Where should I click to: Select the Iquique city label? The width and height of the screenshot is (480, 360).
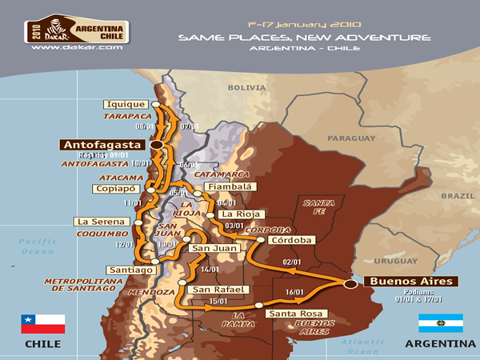point(125,104)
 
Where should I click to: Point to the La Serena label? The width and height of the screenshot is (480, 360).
point(95,222)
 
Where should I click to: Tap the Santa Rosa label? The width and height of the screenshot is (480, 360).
point(293,314)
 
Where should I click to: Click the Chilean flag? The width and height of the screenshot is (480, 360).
point(42,323)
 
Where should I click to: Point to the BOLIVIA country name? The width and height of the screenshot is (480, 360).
point(247,86)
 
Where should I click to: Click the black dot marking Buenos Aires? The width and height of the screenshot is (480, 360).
point(349,283)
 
